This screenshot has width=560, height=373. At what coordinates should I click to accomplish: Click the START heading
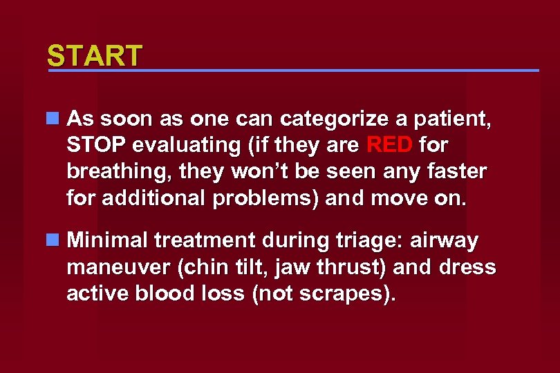click(x=95, y=56)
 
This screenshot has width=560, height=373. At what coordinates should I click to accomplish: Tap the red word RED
click(x=389, y=146)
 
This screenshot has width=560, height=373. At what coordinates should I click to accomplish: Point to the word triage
click(x=369, y=241)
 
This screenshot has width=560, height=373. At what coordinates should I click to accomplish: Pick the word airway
click(x=445, y=241)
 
